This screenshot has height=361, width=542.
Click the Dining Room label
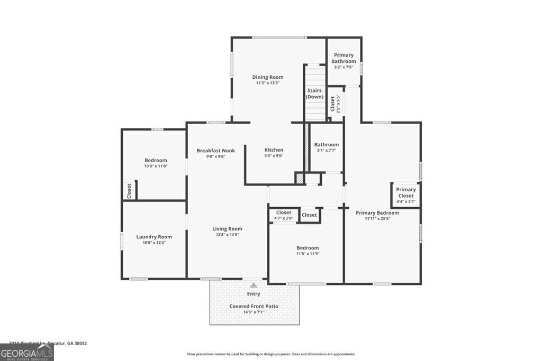[x=268, y=77]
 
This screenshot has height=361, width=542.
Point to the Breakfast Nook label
[x=215, y=151]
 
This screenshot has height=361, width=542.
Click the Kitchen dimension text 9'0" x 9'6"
[x=274, y=156]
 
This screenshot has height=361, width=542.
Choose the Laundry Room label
[x=154, y=237]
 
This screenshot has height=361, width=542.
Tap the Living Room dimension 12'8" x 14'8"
[x=227, y=235]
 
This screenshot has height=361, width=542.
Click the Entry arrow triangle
[x=254, y=285]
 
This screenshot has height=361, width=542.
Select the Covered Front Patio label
[x=254, y=306]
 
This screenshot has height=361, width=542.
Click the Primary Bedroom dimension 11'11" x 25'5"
[x=377, y=219]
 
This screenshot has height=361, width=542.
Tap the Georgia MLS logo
[x=26, y=353]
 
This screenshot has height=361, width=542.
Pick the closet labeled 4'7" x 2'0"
[x=284, y=215]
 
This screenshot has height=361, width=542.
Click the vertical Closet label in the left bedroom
[x=129, y=190]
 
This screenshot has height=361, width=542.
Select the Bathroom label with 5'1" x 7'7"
[x=326, y=144]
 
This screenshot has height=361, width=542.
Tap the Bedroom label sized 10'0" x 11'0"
[x=156, y=160]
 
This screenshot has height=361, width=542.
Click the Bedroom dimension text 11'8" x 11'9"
[x=308, y=254]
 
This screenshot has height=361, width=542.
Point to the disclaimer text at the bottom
[x=270, y=354]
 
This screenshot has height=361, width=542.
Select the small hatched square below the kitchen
[x=300, y=179]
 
